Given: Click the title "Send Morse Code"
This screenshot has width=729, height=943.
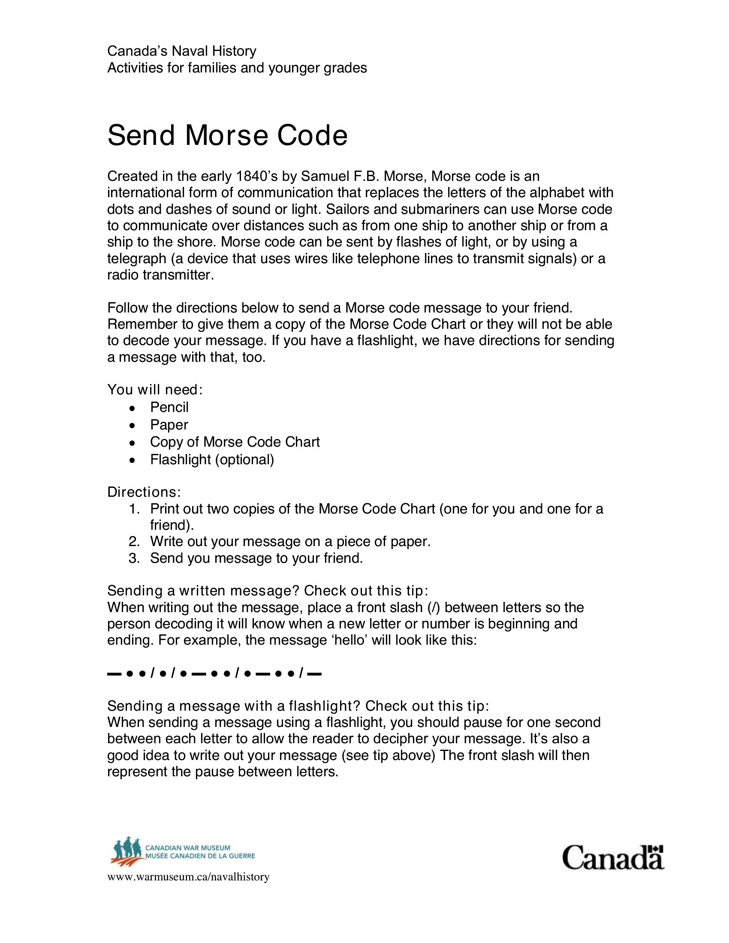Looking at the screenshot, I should pyautogui.click(x=227, y=135).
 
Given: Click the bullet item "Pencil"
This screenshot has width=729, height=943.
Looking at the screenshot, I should pyautogui.click(x=169, y=407).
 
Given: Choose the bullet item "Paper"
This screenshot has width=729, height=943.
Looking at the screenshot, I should pyautogui.click(x=169, y=425).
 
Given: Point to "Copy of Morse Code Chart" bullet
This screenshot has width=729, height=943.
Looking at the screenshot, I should pyautogui.click(x=235, y=442).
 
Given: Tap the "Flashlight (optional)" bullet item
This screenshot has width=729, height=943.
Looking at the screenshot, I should pyautogui.click(x=212, y=459).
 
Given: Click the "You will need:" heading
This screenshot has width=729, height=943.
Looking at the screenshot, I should pyautogui.click(x=155, y=390).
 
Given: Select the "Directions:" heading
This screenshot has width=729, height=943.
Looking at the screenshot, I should pyautogui.click(x=144, y=492).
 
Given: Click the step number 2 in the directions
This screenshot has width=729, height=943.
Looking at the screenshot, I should pyautogui.click(x=134, y=541).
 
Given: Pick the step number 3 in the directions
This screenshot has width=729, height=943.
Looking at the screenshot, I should pyautogui.click(x=134, y=558).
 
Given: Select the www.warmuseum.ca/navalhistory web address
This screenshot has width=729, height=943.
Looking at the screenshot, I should pyautogui.click(x=188, y=877).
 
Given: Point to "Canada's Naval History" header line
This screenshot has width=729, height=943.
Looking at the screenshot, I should pyautogui.click(x=181, y=51).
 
